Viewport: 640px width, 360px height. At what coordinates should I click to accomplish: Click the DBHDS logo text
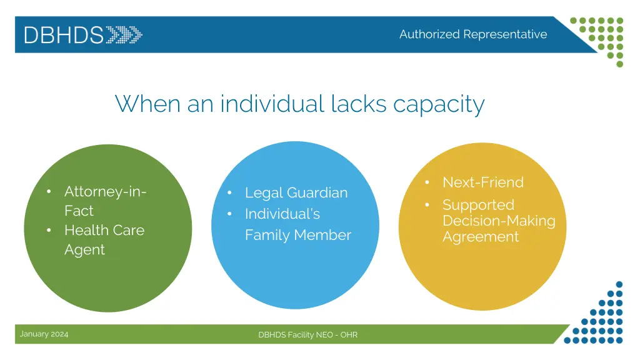tap(63, 34)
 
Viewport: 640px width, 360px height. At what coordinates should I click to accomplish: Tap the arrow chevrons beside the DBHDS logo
tap(124, 34)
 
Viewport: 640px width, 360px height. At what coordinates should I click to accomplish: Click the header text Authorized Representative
tap(472, 34)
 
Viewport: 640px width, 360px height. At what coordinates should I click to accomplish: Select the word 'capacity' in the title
tap(439, 104)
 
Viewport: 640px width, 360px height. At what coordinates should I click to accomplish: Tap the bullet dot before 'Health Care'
tap(48, 231)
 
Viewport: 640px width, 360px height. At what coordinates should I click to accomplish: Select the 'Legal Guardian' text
tap(296, 192)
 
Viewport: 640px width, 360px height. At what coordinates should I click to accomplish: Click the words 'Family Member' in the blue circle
tap(297, 235)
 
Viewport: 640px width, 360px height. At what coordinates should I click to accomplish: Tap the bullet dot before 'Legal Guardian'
tap(229, 193)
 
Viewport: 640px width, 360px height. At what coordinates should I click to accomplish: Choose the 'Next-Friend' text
tap(482, 182)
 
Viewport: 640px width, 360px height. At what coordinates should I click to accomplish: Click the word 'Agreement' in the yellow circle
tap(480, 237)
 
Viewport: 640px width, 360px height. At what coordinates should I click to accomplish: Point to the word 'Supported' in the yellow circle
tap(478, 205)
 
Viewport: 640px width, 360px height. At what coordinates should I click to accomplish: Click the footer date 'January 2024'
tap(44, 334)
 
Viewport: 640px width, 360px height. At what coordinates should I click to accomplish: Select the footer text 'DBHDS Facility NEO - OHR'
tap(307, 335)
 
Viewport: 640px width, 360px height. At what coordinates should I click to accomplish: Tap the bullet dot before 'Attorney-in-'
tap(48, 192)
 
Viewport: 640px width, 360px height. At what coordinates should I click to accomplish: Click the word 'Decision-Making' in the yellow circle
tap(498, 221)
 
